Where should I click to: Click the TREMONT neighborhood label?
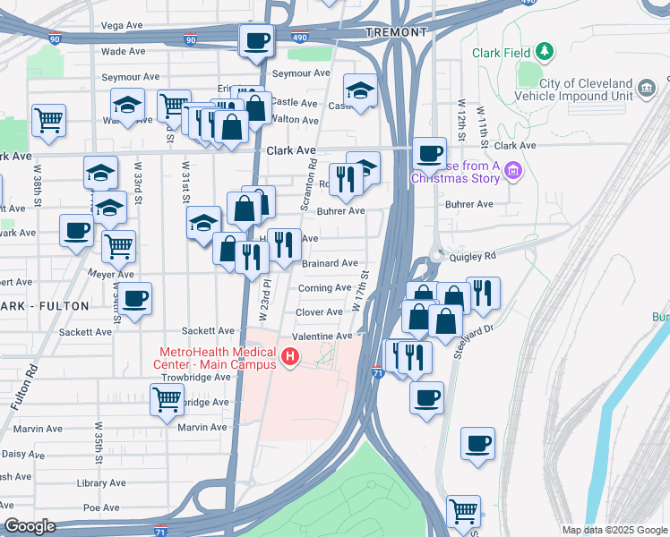(397, 32)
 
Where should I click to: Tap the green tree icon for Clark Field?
(545, 51)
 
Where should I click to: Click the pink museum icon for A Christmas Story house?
(512, 169)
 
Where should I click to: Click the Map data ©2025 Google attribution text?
(614, 530)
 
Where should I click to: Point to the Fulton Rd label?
(32, 381)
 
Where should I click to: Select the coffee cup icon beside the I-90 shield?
(256, 39)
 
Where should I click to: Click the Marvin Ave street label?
(202, 427)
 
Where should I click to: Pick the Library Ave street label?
(101, 482)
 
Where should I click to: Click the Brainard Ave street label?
(330, 263)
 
